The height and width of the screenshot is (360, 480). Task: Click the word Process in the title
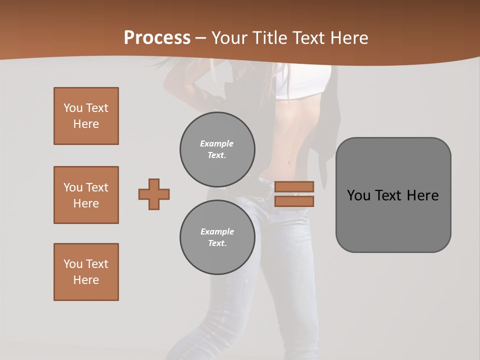157,38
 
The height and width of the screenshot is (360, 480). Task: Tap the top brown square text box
86,116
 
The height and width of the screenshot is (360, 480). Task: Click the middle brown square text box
86,195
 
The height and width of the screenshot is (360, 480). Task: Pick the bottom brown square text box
86,272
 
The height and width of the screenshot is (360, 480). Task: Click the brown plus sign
154,194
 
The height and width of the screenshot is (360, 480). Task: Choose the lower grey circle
217,237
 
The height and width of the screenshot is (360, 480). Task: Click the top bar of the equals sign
294,186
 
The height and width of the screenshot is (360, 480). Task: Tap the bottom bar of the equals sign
294,201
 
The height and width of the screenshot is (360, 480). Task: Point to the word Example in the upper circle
216,143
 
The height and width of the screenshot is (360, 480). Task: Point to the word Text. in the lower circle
217,243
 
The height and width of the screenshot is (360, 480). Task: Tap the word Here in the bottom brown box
86,280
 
